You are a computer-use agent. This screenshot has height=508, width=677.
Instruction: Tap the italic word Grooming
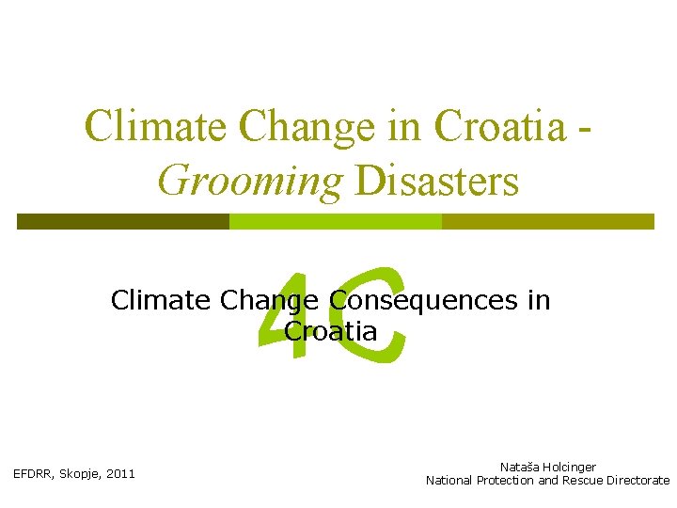coord(250,179)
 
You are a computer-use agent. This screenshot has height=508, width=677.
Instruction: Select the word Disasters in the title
coord(436,179)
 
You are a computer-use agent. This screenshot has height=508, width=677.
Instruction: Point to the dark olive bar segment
coord(123,221)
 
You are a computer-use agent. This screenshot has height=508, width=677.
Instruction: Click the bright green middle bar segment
coord(335,221)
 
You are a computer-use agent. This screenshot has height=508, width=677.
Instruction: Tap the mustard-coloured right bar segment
coord(547,221)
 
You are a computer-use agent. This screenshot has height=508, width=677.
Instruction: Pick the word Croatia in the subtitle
coord(330,331)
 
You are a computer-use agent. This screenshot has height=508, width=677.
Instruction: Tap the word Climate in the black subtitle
coord(161,300)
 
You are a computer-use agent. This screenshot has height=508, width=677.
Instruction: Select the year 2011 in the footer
coord(121,473)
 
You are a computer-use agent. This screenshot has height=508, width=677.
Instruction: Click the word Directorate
coord(638,480)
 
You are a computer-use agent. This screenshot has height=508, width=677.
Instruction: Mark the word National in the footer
coord(449,480)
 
